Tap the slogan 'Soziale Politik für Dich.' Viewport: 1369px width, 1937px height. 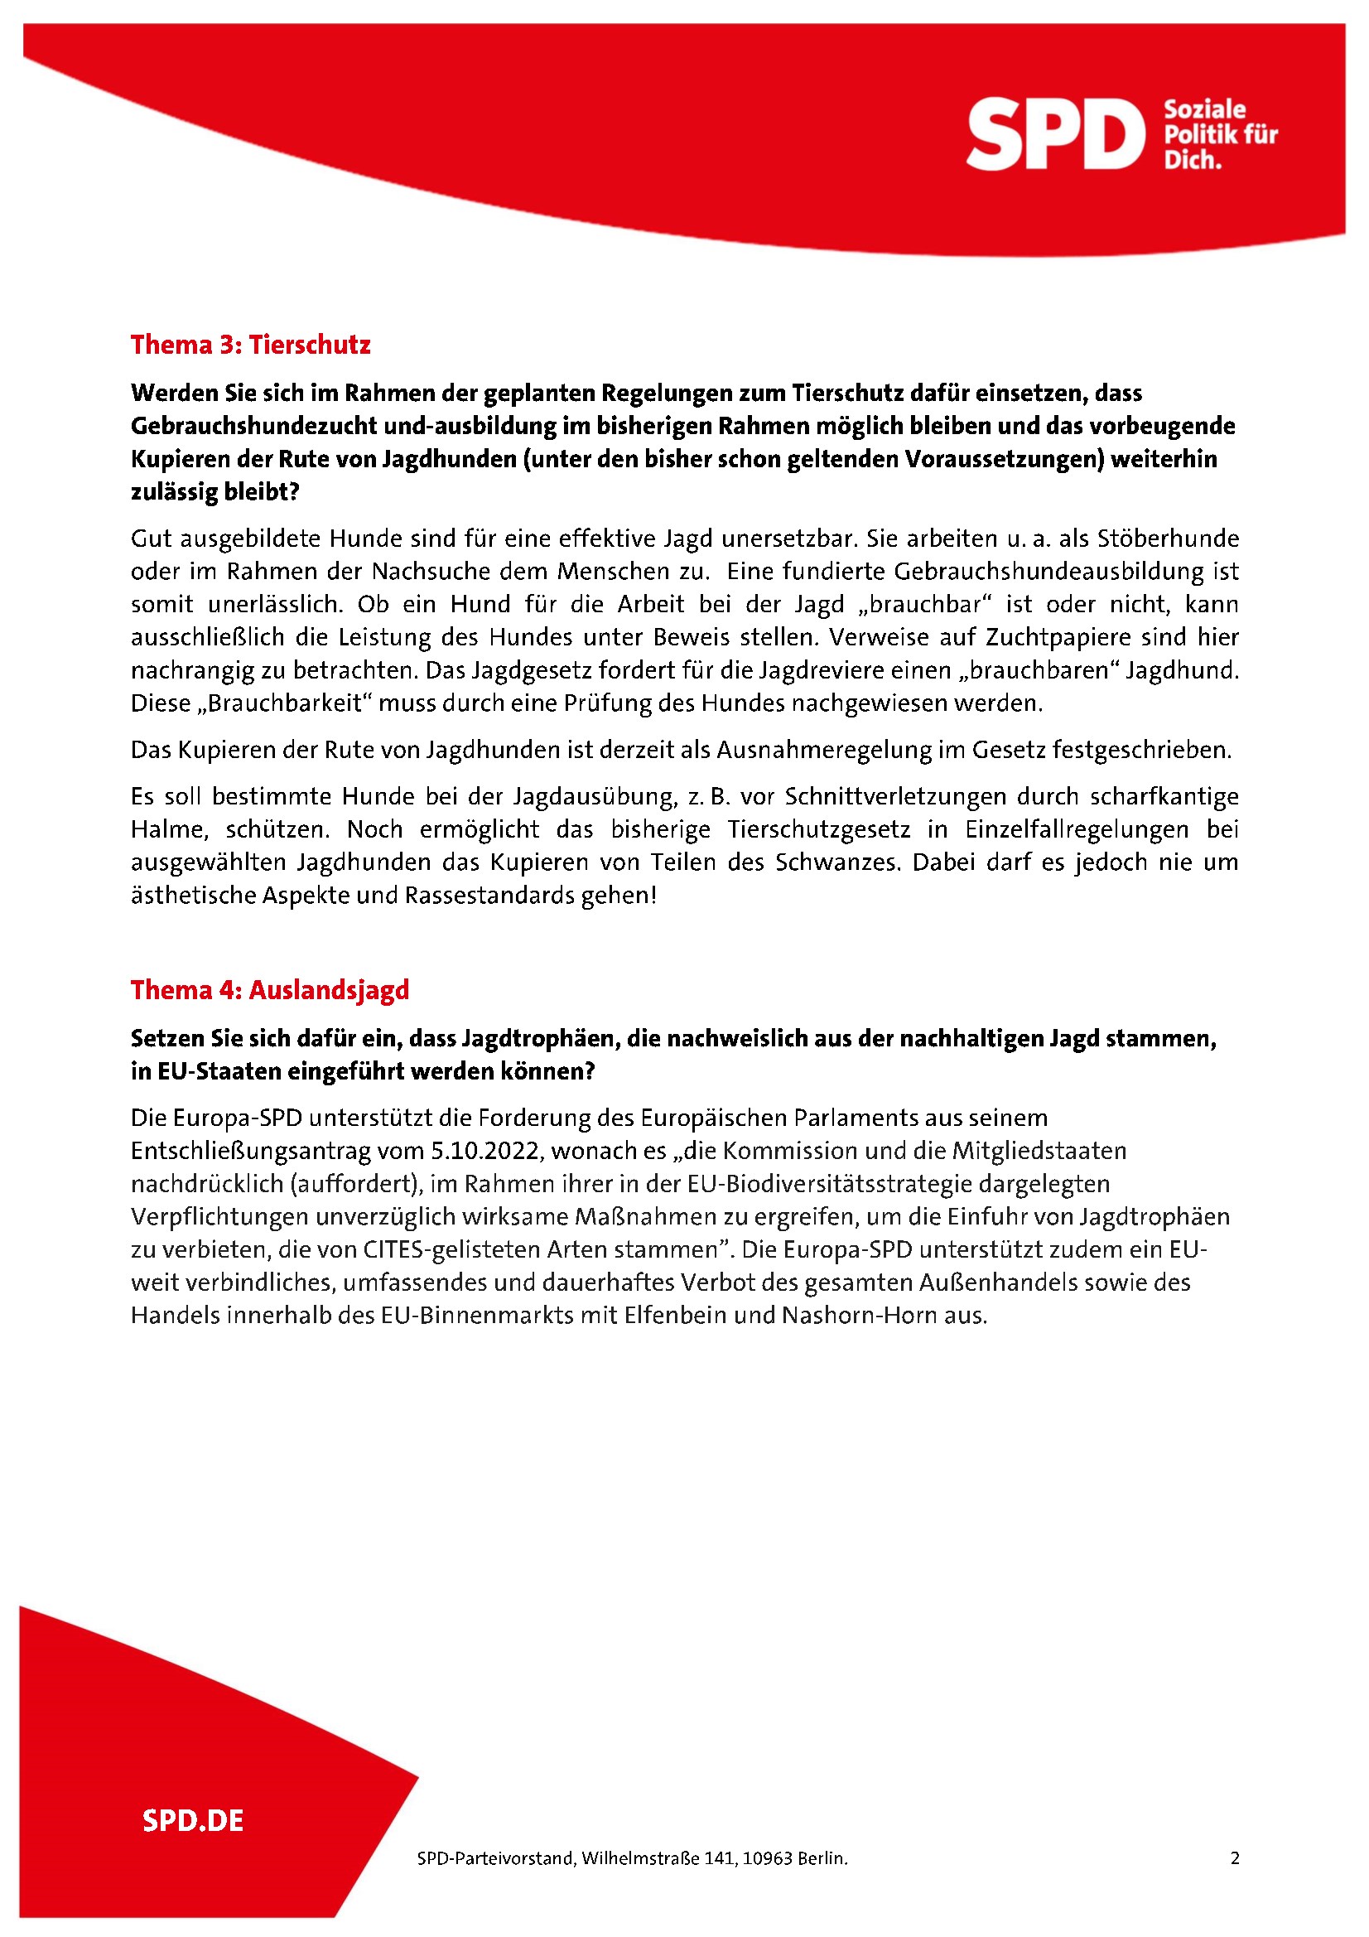(1220, 134)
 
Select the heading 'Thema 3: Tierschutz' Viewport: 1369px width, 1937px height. (250, 345)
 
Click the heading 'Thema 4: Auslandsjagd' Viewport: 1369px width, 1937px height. (270, 989)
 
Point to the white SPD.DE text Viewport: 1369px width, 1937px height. (193, 1820)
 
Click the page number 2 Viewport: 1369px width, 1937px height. (1235, 1857)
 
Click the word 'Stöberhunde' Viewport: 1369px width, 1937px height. (1169, 539)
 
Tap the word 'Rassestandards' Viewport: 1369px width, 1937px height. (490, 895)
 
